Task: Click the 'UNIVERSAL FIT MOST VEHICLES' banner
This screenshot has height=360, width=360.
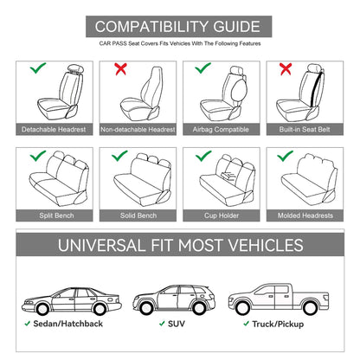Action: pos(180,245)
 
